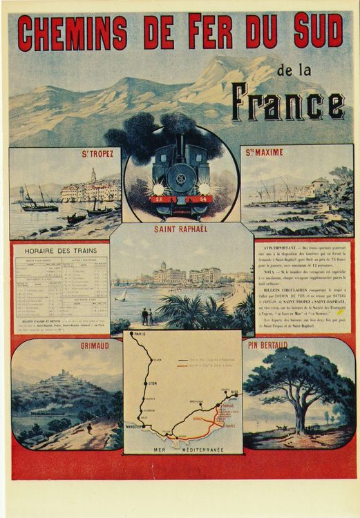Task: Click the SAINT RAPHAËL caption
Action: click(x=181, y=233)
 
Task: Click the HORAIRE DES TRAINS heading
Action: click(x=59, y=249)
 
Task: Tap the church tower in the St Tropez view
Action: click(x=93, y=175)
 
